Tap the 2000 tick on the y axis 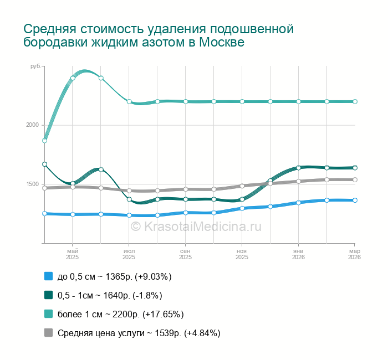(33, 125)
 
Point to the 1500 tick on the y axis (33, 184)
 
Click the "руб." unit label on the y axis (35, 66)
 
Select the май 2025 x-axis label (73, 254)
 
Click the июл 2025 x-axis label (129, 254)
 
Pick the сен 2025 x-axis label (186, 254)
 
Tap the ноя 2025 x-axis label (242, 254)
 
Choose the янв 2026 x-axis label (299, 254)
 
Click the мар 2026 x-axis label (355, 254)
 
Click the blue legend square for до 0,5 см (48, 276)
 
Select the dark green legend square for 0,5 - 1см (48, 295)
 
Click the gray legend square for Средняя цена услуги (48, 333)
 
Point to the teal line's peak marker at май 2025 (73, 78)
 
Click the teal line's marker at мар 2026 (355, 102)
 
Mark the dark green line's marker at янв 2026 (298, 168)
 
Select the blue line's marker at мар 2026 (355, 200)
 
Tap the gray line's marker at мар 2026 (355, 180)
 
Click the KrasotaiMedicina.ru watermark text (196, 226)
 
